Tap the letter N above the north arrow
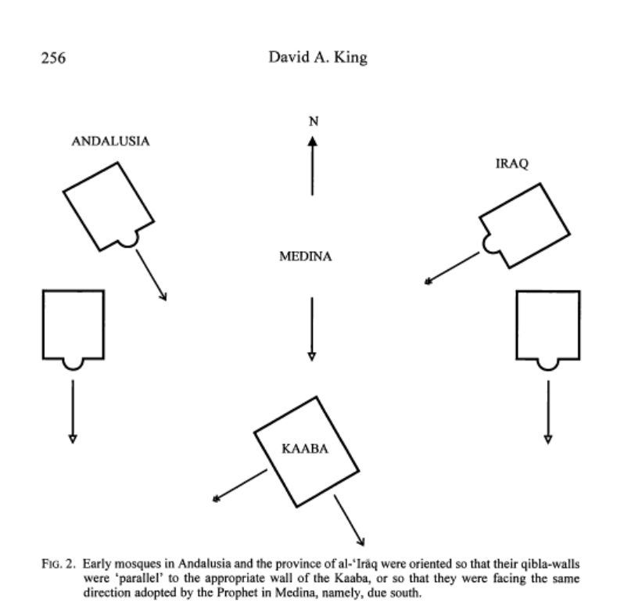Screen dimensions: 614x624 pos(312,122)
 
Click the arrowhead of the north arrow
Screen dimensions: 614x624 pos(312,142)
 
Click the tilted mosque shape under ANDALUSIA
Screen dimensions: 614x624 pos(109,205)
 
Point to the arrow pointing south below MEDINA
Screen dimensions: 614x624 pos(312,329)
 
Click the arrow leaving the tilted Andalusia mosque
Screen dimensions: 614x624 pos(152,275)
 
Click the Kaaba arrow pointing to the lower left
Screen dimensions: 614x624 pos(240,485)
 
